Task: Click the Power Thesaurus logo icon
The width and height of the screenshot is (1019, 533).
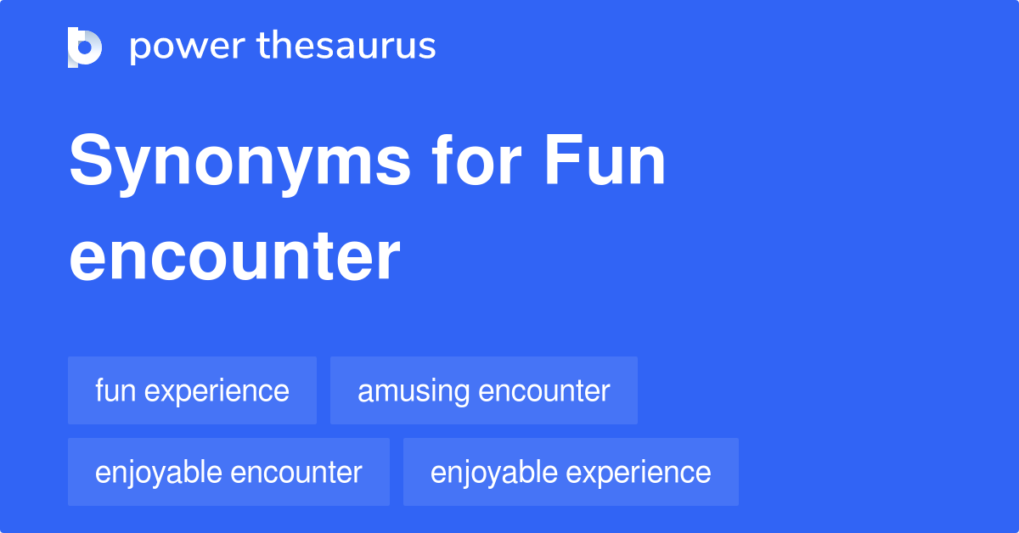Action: point(85,47)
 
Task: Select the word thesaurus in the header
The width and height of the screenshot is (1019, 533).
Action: point(346,47)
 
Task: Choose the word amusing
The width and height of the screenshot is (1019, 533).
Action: point(414,392)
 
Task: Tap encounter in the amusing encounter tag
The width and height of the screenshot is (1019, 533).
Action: point(544,391)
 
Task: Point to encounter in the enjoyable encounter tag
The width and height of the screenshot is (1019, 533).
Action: point(297,472)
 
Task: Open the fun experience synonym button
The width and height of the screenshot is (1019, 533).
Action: point(192,390)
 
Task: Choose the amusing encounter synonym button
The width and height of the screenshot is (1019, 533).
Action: point(483,390)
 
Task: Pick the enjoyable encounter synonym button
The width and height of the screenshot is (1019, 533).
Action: point(228,472)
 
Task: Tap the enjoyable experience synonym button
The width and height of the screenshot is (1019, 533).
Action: point(571,472)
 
